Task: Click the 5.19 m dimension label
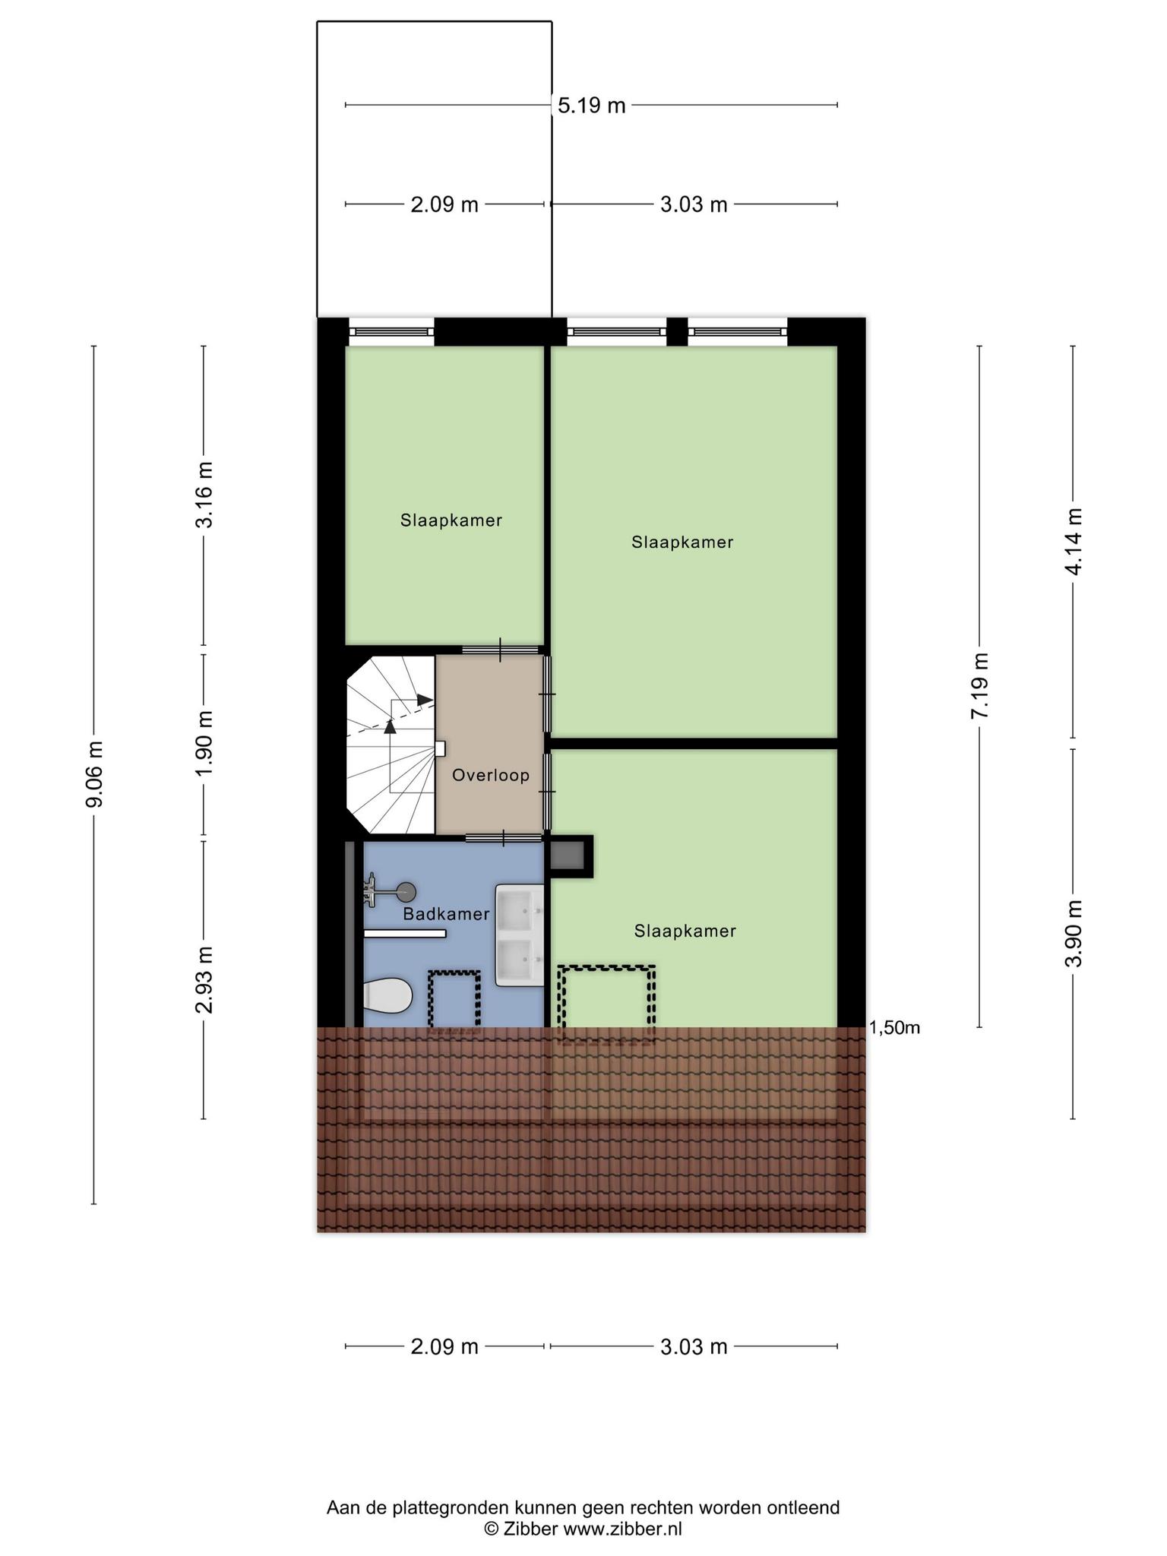coord(591,105)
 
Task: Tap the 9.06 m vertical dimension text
coord(94,775)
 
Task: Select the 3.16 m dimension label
coord(204,495)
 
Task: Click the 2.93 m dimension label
coord(204,980)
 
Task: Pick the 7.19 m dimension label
coord(980,686)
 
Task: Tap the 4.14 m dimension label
coord(1074,542)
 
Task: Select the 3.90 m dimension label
coord(1074,934)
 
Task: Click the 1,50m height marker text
coord(895,1028)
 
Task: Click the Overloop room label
coord(491,775)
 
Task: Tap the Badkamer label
coord(447,914)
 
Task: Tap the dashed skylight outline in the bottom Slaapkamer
coord(606,1004)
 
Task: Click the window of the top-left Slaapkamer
coord(391,332)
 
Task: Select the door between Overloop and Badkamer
coord(504,838)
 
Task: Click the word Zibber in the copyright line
coord(530,1529)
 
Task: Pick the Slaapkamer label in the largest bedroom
coord(682,542)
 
